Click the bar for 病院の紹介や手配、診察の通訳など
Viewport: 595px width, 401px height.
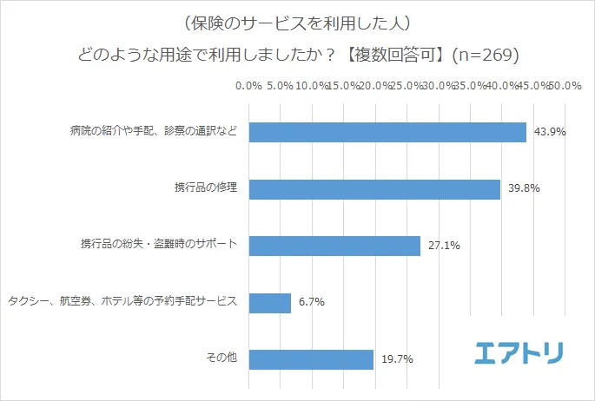pos(387,132)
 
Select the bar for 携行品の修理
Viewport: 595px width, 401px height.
pos(374,188)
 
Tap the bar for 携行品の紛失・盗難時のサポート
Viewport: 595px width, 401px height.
pos(334,246)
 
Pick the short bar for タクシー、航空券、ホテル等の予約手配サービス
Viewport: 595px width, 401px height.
pos(270,302)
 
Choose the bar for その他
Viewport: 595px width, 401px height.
pos(311,358)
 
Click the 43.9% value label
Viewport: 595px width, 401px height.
pos(550,133)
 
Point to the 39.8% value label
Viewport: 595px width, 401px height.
pos(524,189)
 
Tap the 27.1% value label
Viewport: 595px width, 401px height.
pos(444,247)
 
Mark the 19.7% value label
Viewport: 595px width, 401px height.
pos(397,359)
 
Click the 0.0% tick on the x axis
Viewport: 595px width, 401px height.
pos(249,87)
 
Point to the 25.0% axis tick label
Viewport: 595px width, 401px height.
pos(407,87)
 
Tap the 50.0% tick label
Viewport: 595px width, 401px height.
pos(565,87)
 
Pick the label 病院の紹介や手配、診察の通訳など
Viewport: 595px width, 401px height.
pos(155,132)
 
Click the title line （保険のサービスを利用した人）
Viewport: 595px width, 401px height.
pos(298,21)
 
